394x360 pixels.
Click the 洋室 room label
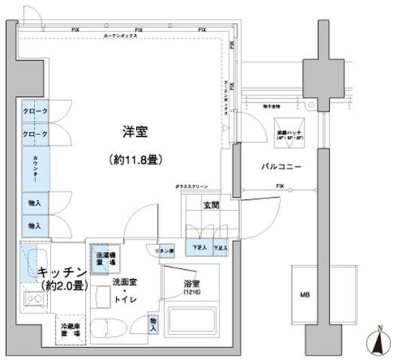135,132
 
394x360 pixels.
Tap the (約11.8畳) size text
135,160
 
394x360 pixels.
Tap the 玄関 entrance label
211,206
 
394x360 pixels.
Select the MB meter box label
305,294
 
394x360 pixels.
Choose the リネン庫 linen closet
166,251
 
